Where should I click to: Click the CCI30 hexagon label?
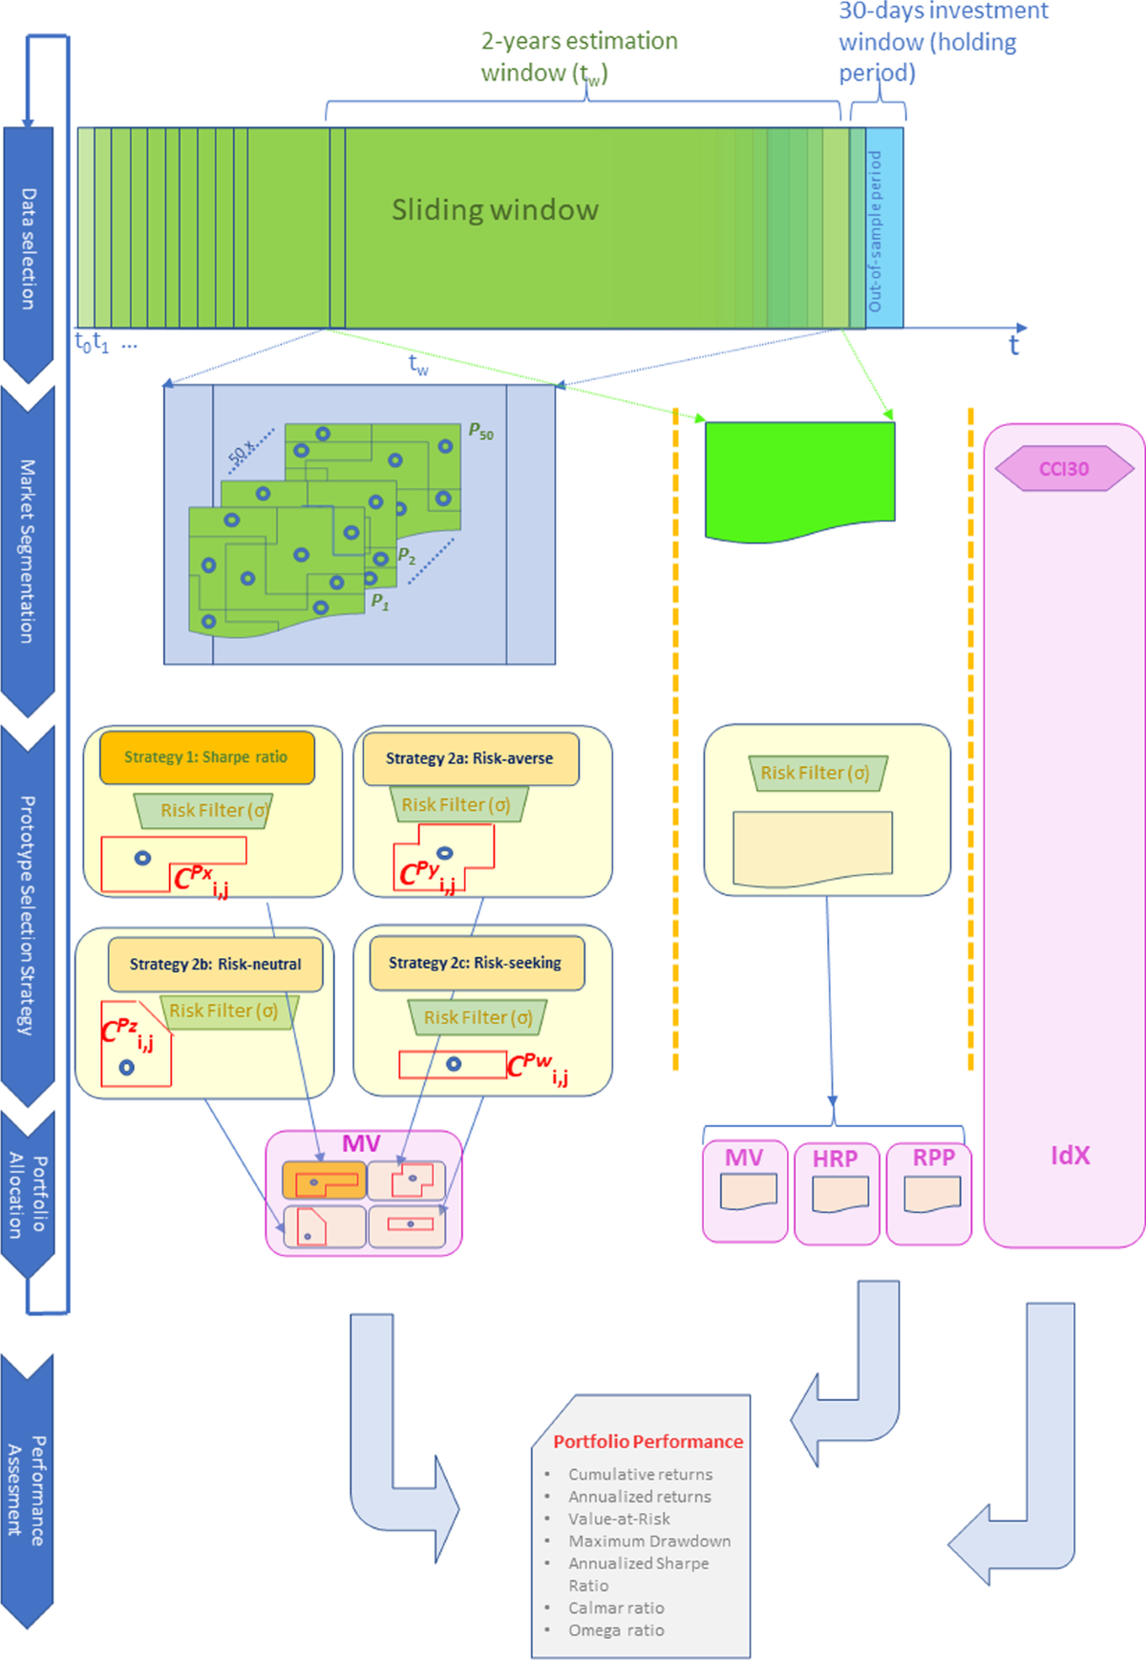click(1064, 469)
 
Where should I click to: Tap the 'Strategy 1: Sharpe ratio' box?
click(206, 757)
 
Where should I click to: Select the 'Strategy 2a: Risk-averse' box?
click(470, 758)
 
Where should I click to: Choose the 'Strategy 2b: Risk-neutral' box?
click(215, 965)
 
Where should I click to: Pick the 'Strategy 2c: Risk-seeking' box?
click(476, 964)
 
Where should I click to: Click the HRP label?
click(836, 1159)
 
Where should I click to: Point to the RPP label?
click(933, 1158)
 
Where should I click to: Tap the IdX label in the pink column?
click(1070, 1156)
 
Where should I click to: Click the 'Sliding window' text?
click(495, 210)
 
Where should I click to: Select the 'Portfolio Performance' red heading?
click(647, 1441)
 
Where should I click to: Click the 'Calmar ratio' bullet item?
click(616, 1607)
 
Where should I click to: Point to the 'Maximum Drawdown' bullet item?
click(649, 1541)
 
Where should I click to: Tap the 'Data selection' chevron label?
click(29, 248)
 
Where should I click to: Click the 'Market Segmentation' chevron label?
click(29, 551)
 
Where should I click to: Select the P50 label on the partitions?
click(480, 432)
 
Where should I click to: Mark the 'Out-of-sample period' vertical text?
click(875, 230)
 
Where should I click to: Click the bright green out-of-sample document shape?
click(799, 478)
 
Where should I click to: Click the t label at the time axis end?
click(1014, 345)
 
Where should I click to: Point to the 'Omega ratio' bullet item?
click(616, 1630)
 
